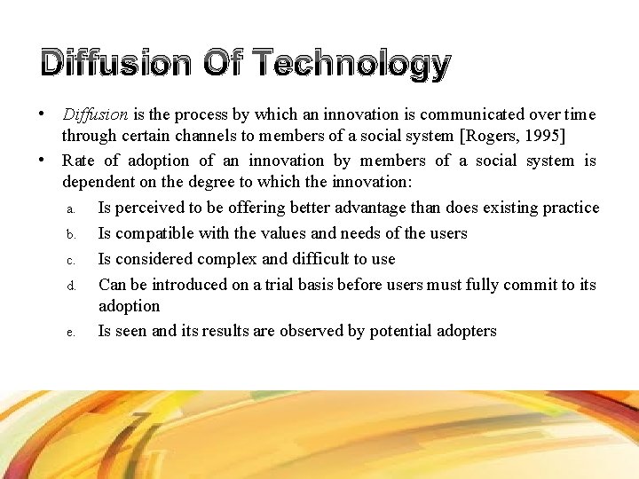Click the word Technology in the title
(352, 64)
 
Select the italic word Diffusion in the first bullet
(95, 114)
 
